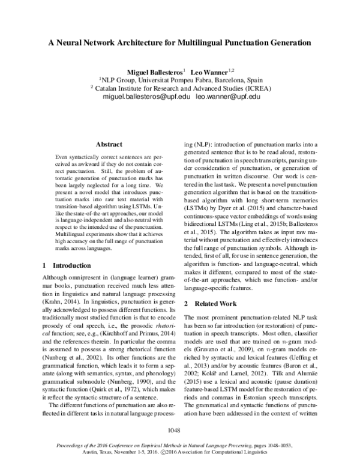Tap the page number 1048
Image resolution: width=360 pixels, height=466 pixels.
click(179, 430)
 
